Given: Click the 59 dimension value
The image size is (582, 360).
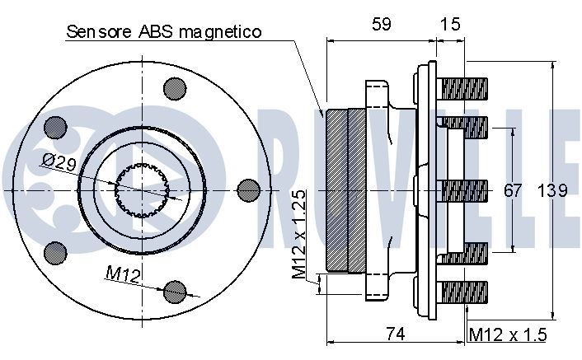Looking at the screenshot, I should click(380, 26).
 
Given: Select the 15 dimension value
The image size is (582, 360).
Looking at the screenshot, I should click(449, 26).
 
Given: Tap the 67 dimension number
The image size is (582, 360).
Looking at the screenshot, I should click(513, 191).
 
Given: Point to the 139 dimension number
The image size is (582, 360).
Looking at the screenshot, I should click(551, 191).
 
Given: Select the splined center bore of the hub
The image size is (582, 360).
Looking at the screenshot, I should click(143, 190).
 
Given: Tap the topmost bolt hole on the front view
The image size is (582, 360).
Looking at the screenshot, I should click(174, 87).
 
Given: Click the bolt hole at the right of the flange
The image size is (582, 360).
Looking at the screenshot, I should click(247, 190).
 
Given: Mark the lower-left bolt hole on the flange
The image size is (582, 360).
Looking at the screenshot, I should click(55, 253).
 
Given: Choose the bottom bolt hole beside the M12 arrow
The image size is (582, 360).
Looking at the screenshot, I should click(174, 292).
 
